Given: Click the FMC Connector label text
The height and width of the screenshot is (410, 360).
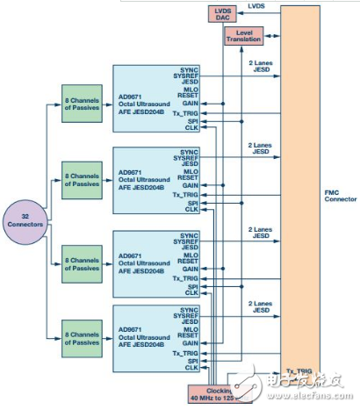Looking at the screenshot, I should (x=339, y=195).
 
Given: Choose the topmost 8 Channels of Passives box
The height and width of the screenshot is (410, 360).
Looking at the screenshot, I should (x=85, y=97).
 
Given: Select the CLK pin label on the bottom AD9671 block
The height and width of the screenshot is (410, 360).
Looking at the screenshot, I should (x=191, y=366).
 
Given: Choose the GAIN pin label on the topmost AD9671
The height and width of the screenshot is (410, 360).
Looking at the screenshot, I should (x=189, y=103).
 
